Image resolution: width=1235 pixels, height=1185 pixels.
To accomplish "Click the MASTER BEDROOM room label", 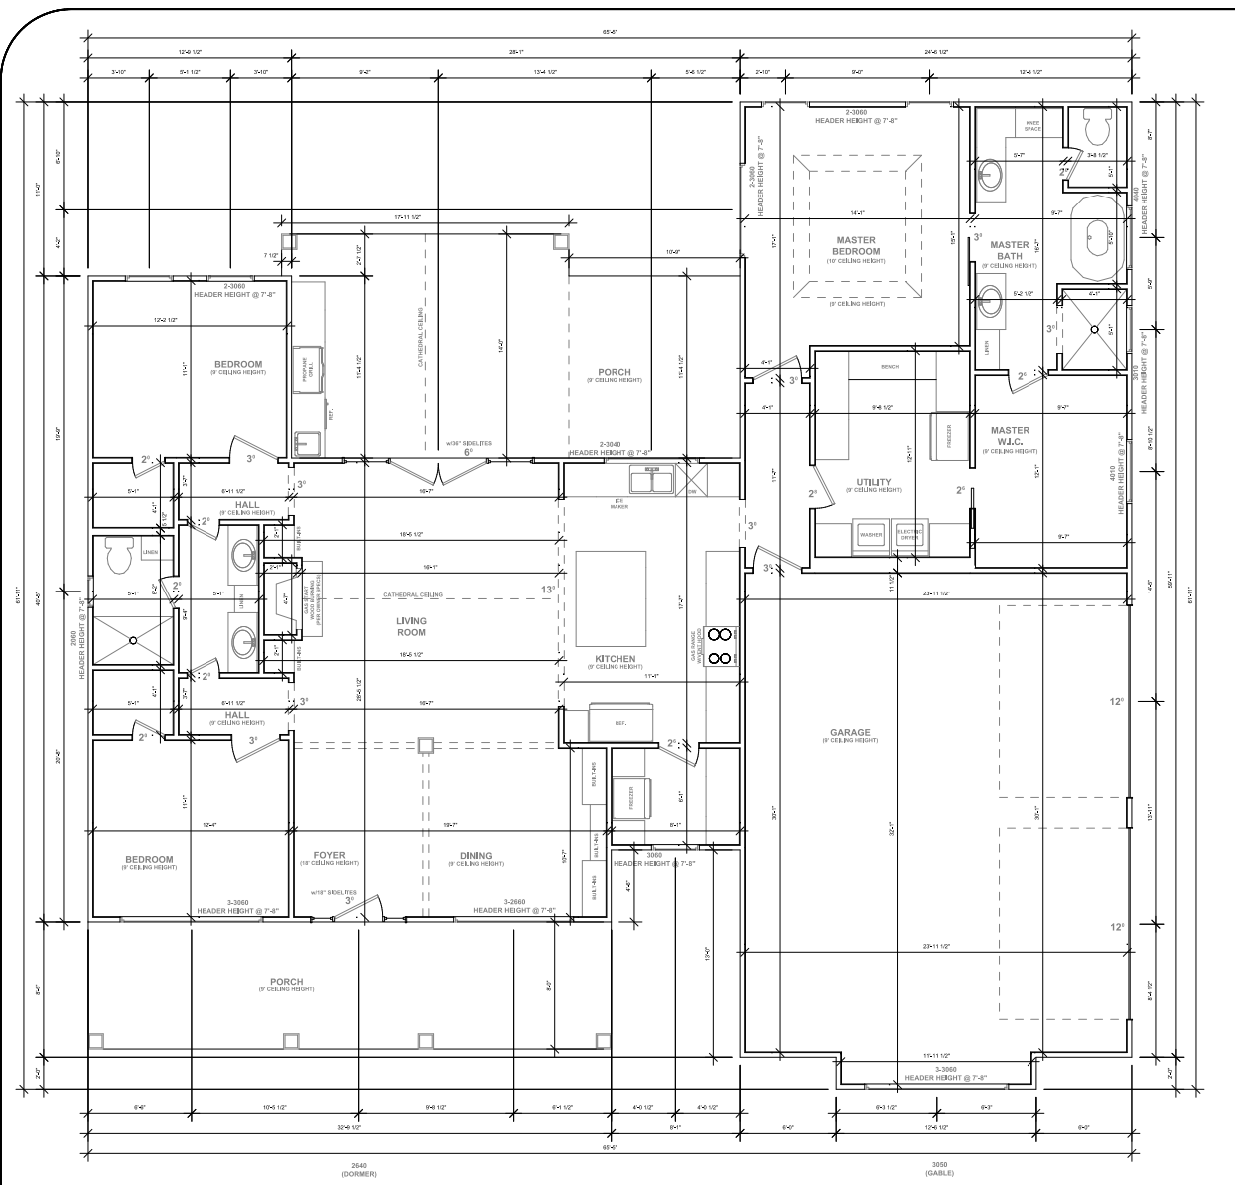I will (856, 246).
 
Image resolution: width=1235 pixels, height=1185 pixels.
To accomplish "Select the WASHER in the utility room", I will (870, 535).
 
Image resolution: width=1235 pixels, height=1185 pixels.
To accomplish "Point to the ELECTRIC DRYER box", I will (909, 535).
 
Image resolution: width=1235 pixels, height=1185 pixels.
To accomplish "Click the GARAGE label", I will (850, 733).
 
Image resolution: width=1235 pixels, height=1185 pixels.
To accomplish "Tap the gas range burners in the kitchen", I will (719, 645).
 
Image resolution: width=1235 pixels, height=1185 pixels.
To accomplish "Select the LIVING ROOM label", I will (411, 626).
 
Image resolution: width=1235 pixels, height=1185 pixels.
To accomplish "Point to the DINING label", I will (476, 856).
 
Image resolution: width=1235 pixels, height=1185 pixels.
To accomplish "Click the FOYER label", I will (329, 856).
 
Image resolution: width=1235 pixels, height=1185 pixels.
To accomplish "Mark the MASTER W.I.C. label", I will (1010, 437).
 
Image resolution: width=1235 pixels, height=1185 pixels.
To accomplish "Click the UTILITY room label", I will (875, 483).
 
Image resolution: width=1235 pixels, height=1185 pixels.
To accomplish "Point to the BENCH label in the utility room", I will (890, 366).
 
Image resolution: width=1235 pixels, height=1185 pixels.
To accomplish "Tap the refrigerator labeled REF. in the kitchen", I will (619, 722).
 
